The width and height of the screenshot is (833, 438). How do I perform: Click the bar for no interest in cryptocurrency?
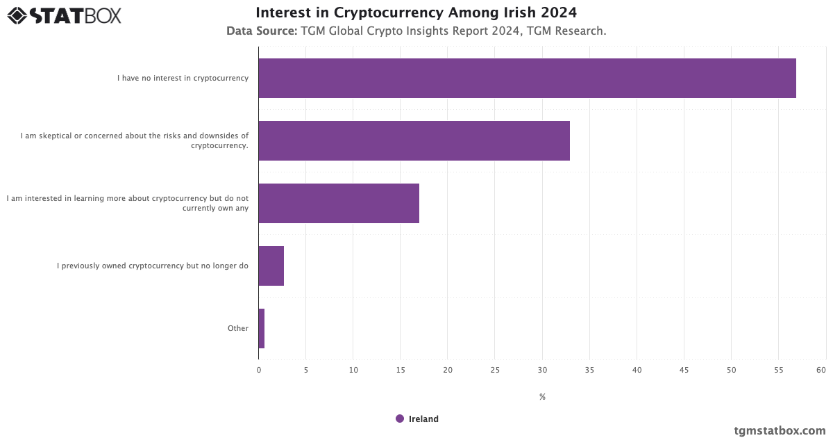[x=527, y=78]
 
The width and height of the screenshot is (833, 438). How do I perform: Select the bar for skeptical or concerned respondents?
[x=414, y=140]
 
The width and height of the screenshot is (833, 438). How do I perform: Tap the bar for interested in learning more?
[x=339, y=203]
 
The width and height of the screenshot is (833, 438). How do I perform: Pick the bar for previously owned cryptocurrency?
[x=271, y=266]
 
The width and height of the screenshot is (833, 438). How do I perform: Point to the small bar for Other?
[x=262, y=328]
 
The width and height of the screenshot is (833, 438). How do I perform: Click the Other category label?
[x=238, y=328]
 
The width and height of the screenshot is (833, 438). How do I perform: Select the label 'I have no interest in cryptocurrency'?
[x=183, y=78]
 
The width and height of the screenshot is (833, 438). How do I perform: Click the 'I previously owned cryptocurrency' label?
[x=153, y=266]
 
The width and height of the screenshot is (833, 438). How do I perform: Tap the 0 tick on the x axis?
[x=259, y=370]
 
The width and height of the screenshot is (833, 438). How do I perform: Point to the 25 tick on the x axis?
[x=495, y=370]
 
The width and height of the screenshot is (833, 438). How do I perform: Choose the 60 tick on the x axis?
[x=821, y=370]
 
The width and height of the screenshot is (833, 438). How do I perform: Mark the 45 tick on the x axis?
[x=684, y=370]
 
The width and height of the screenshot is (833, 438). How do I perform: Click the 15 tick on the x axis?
[x=401, y=370]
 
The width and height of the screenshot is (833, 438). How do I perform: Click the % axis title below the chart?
[x=542, y=397]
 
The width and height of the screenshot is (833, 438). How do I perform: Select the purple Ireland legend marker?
[x=400, y=419]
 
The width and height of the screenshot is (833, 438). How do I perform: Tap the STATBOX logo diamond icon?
[x=17, y=15]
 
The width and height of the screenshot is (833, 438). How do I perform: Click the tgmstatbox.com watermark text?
[x=780, y=430]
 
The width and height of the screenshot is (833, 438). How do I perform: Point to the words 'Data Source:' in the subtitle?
[x=262, y=31]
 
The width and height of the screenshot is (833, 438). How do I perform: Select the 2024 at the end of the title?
[x=559, y=13]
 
